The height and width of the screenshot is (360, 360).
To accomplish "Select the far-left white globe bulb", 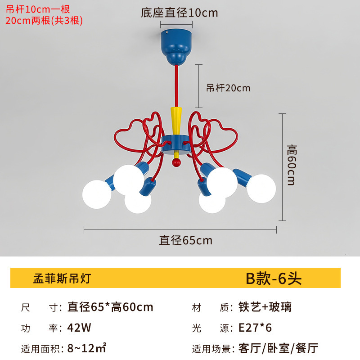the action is (97, 194).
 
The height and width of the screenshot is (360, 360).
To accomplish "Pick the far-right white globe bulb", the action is (261, 189).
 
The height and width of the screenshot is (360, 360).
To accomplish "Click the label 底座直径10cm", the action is (179, 13).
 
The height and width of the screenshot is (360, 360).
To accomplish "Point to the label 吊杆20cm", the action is (228, 88).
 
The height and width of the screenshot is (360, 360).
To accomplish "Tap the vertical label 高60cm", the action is (292, 165).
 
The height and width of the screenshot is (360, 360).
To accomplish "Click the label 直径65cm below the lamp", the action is (185, 240).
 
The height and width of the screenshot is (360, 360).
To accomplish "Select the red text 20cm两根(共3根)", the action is (44, 20).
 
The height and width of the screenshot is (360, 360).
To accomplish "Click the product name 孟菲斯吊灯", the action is (62, 279).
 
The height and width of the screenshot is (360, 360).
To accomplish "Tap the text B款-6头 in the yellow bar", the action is (273, 279).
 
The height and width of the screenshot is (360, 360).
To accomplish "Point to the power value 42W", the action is (79, 328).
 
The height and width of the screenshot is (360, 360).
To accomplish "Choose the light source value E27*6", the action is (255, 328).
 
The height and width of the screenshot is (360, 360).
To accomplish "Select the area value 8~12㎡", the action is (86, 348).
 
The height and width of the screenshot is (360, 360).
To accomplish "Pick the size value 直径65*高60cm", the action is (110, 307).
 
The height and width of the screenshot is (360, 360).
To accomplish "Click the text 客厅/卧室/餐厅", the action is (278, 348).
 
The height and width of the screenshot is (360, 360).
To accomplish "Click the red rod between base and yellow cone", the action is (176, 85).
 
